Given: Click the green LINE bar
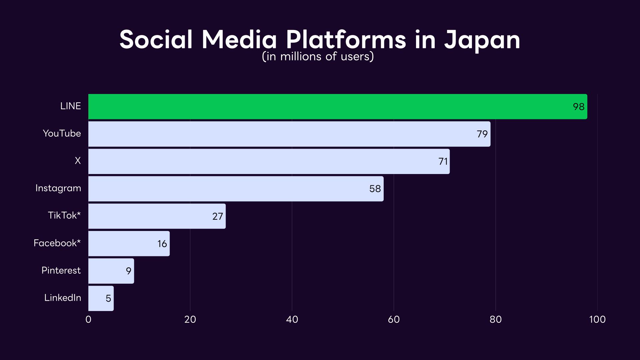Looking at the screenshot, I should pyautogui.click(x=337, y=107).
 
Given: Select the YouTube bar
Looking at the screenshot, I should pyautogui.click(x=289, y=134).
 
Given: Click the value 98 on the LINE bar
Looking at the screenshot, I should pyautogui.click(x=578, y=107).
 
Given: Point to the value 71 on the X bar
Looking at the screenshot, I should pyautogui.click(x=443, y=162).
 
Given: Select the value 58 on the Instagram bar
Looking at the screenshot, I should pyautogui.click(x=375, y=189).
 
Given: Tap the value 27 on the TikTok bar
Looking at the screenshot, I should pyautogui.click(x=218, y=216).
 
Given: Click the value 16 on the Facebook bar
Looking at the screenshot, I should pyautogui.click(x=162, y=244).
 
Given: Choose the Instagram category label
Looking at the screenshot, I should pyautogui.click(x=58, y=188).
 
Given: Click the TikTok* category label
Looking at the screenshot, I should pyautogui.click(x=64, y=216).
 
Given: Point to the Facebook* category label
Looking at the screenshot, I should pyautogui.click(x=57, y=243).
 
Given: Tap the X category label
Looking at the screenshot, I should pyautogui.click(x=78, y=161).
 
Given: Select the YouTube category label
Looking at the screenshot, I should pyautogui.click(x=62, y=134).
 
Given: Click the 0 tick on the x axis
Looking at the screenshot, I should pyautogui.click(x=88, y=320).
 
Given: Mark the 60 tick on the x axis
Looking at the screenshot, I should pyautogui.click(x=394, y=320).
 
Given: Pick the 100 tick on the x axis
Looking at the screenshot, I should pyautogui.click(x=597, y=320).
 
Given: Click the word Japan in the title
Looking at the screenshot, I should pyautogui.click(x=482, y=40).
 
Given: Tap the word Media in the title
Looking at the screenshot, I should pyautogui.click(x=239, y=40).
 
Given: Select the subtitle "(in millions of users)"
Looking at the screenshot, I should pyautogui.click(x=318, y=57).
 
